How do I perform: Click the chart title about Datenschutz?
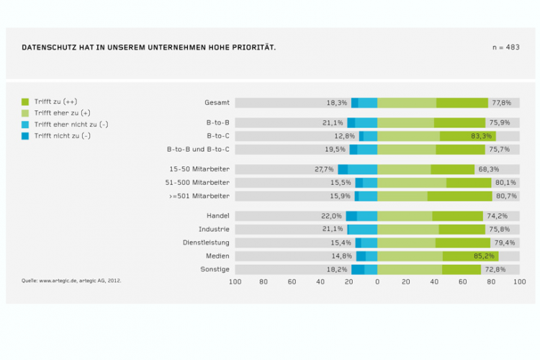148,48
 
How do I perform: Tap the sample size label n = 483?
505,48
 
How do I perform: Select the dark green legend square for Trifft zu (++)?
25,102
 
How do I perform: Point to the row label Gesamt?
217,103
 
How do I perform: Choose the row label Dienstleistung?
206,243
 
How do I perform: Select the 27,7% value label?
325,169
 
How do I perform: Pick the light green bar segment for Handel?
405,216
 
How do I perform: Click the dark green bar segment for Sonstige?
462,269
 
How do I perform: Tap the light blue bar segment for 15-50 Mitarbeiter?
362,169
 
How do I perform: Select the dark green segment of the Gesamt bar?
462,103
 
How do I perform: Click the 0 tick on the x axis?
377,282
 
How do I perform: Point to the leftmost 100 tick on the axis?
235,282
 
